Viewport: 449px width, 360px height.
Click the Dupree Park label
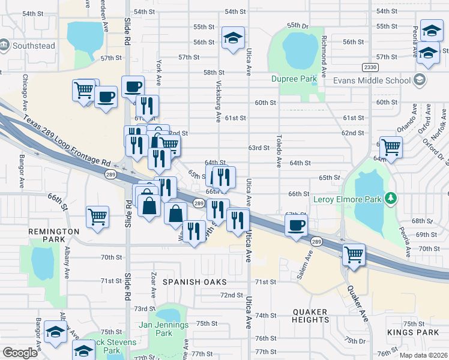[x=294, y=79]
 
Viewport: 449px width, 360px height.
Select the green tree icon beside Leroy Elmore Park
[x=390, y=197]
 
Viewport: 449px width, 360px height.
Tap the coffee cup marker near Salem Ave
[x=296, y=226]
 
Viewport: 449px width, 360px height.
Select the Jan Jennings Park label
[x=163, y=329]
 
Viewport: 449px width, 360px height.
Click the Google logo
[x=19, y=353]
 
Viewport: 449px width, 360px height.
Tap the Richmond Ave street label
[x=324, y=58]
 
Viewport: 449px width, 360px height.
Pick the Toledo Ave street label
[x=279, y=151]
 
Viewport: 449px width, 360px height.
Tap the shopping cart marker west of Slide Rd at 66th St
[x=97, y=217]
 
